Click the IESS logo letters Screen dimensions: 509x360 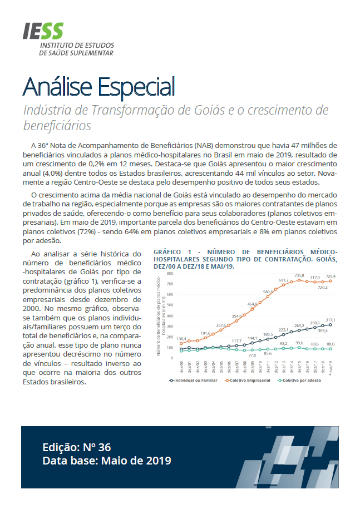(43, 31)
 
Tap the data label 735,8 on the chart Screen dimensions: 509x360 (299, 275)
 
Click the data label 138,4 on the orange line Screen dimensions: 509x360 (183, 338)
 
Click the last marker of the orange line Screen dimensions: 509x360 (331, 281)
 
